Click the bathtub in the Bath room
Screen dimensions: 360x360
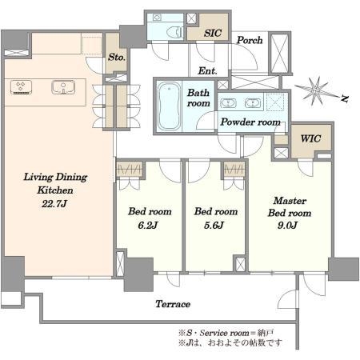tap(168, 106)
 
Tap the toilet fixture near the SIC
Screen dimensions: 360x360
tap(175, 32)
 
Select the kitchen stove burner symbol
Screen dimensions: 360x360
tap(21, 87)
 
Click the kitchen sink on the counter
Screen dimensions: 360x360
tap(63, 87)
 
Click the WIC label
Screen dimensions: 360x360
tap(310, 138)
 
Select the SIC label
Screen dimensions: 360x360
tap(213, 33)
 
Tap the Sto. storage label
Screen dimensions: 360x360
tap(117, 57)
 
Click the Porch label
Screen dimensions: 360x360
tap(250, 40)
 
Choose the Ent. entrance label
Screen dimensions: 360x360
tap(207, 71)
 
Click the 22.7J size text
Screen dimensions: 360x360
tap(54, 204)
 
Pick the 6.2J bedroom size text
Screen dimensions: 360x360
tap(148, 226)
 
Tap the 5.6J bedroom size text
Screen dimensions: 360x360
tap(214, 226)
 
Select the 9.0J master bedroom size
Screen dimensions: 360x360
tap(287, 226)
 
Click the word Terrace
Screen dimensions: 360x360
tap(173, 304)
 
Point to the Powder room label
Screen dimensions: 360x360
tap(250, 122)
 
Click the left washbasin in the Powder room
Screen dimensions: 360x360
tap(228, 102)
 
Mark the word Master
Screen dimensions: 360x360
tap(290, 201)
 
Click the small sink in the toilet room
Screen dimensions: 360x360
tap(157, 18)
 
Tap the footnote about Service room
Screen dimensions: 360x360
tap(226, 333)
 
